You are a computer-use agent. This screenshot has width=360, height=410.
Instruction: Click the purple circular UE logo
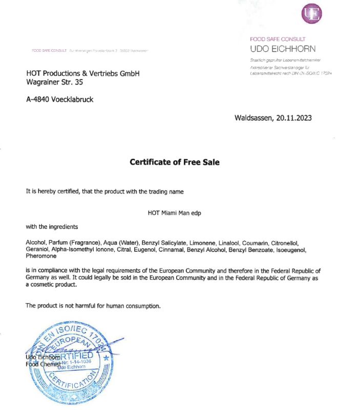312,14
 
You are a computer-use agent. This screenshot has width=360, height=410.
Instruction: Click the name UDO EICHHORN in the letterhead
283,49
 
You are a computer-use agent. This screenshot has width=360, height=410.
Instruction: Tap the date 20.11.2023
293,118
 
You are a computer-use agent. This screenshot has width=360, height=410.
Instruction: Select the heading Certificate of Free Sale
174,162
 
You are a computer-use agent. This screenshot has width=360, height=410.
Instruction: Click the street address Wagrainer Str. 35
54,82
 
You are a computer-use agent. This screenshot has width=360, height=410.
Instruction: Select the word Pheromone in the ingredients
41,256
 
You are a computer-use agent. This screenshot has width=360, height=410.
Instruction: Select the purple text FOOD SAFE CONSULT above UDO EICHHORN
277,39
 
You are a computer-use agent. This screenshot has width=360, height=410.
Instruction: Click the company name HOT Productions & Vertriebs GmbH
82,73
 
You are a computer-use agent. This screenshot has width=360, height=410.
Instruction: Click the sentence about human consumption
93,305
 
